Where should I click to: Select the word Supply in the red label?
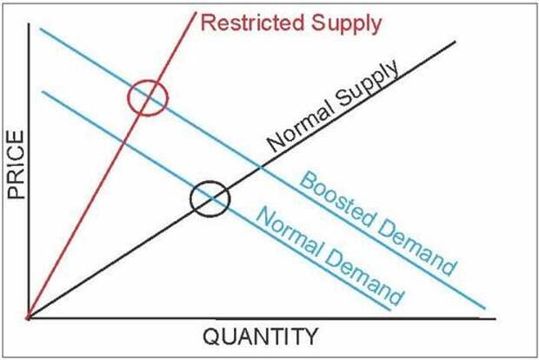pyautogui.click(x=347, y=25)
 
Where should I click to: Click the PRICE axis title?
pyautogui.click(x=17, y=164)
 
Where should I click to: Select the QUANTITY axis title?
pyautogui.click(x=261, y=337)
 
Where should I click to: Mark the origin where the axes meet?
pyautogui.click(x=29, y=318)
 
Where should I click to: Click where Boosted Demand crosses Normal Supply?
pyautogui.click(x=261, y=168)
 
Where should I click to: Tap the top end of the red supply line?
pyautogui.click(x=196, y=12)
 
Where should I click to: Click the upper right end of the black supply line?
pyautogui.click(x=456, y=42)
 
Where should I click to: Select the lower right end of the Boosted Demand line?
pyautogui.click(x=485, y=309)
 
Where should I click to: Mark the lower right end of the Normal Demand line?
pyautogui.click(x=390, y=310)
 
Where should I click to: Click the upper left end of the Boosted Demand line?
pyautogui.click(x=40, y=29)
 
